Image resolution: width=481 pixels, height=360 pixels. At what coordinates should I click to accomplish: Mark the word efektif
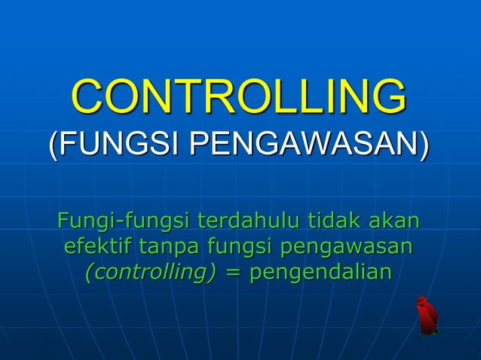[x=94, y=246]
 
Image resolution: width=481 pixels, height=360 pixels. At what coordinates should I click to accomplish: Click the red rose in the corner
[x=427, y=316]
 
